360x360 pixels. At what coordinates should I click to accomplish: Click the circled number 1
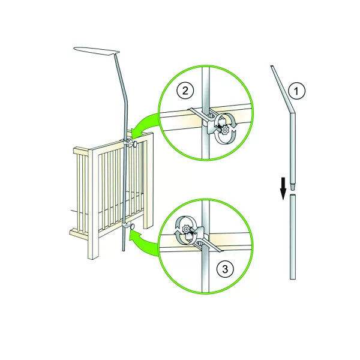pos(296,91)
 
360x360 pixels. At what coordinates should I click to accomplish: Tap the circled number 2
pos(185,91)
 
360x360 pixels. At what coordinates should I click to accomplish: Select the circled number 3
pos(225,269)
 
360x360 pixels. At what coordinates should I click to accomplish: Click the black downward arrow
pos(284,188)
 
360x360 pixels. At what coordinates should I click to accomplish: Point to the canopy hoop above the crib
pos(97,51)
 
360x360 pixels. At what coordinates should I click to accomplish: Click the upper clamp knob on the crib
pos(135,144)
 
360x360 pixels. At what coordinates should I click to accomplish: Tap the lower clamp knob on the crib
pos(133,227)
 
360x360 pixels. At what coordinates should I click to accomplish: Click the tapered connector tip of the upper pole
pos(293,187)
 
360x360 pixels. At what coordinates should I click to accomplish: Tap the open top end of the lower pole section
pos(293,196)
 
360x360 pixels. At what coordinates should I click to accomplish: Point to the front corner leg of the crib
pos(94,205)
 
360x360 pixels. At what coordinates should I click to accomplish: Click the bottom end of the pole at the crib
pos(124,250)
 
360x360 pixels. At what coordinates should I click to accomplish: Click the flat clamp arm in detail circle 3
pos(208,245)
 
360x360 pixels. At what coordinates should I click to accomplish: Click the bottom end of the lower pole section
pos(293,278)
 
